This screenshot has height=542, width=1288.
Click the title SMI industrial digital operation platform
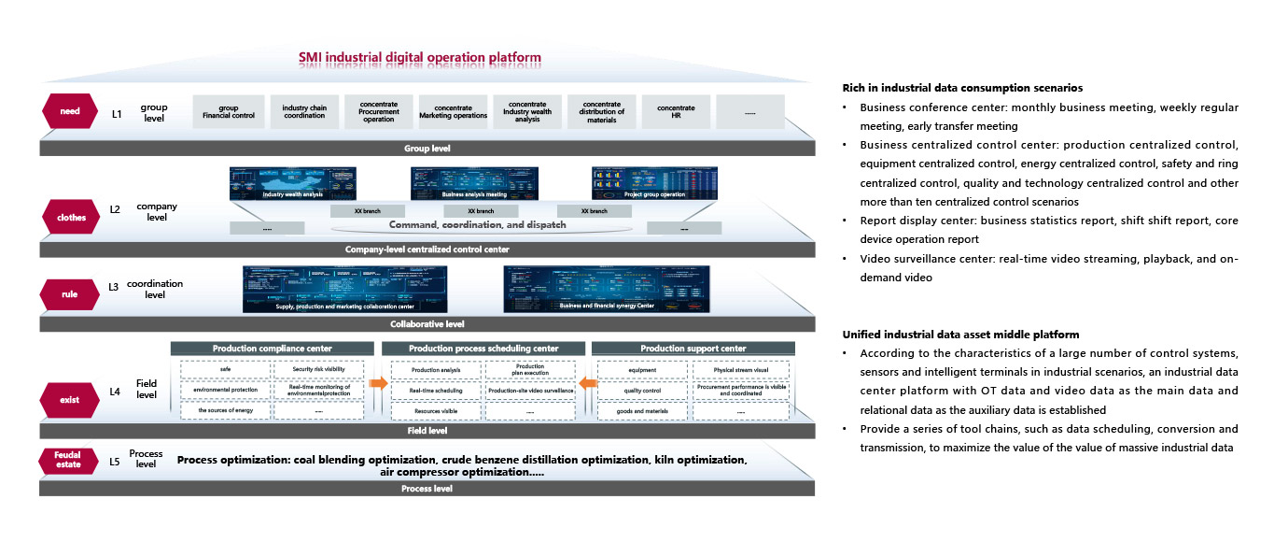(420, 58)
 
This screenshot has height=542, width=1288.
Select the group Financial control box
(229, 113)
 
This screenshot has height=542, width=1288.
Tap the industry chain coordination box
(303, 113)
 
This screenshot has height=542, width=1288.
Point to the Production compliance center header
(272, 349)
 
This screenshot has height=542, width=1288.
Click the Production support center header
(693, 349)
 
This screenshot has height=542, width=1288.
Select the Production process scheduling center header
(483, 349)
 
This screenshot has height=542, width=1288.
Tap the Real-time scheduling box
(430, 390)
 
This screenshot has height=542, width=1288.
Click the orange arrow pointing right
(377, 382)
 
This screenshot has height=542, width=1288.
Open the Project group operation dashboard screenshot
(655, 182)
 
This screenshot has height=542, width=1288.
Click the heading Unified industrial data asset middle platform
(961, 334)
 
